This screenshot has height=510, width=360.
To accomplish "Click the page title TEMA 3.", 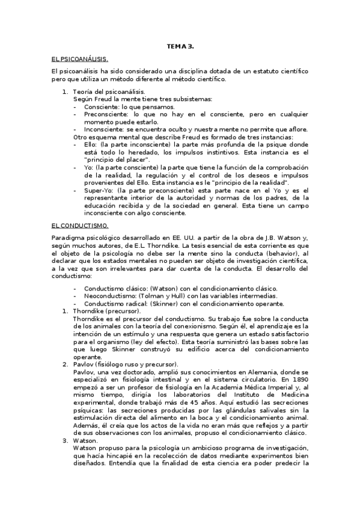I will point(180,46).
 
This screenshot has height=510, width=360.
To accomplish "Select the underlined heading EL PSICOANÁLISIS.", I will point(80,59).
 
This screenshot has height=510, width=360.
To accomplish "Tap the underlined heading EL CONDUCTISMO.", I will point(80,225).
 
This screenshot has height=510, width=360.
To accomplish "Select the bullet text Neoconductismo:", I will point(109,295).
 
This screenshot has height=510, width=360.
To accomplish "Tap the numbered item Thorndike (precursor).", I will point(106,311).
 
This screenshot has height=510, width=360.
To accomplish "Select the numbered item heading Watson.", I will point(85,440).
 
